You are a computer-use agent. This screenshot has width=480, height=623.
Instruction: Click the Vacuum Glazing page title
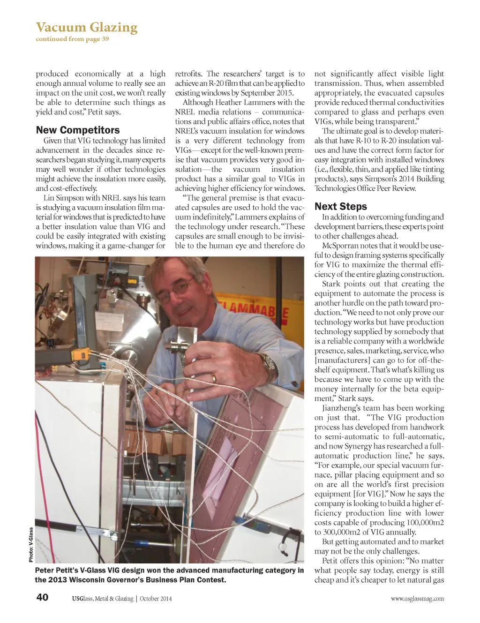tap(87, 27)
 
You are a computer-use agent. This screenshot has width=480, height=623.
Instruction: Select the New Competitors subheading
tap(78, 130)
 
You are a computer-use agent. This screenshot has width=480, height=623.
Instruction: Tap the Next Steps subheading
tap(341, 207)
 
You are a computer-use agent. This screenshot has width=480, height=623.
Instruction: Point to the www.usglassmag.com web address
tap(417, 599)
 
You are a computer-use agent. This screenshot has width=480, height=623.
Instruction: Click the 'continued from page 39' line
tap(72, 39)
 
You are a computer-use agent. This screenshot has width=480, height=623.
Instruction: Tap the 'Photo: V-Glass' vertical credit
tap(31, 545)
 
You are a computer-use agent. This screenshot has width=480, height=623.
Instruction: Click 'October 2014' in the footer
tap(156, 599)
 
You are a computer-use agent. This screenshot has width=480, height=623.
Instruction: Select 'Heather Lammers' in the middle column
tap(242, 102)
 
